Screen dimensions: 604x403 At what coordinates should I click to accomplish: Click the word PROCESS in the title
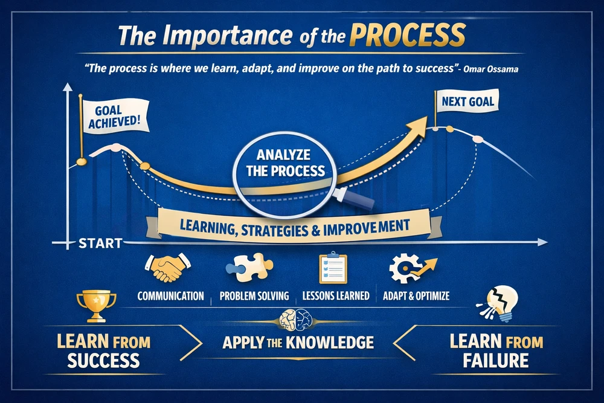click(x=408, y=34)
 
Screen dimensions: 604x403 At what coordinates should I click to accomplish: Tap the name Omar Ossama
click(x=490, y=69)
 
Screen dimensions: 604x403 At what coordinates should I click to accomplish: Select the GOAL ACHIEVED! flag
click(x=115, y=117)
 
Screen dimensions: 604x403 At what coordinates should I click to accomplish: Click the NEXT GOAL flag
click(x=467, y=101)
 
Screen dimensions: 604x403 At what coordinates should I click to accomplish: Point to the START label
click(x=100, y=243)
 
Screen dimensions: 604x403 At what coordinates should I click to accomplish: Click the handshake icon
click(x=168, y=267)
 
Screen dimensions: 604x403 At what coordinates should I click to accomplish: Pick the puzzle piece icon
click(x=249, y=267)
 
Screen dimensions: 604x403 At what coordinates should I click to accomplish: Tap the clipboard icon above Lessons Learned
click(x=333, y=268)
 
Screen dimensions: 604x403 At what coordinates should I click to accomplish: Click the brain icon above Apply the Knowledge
click(x=296, y=320)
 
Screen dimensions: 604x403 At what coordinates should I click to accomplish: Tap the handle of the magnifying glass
click(x=354, y=198)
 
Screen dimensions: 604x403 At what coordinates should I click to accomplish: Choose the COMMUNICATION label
click(x=171, y=296)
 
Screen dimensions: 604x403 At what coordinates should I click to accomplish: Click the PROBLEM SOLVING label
click(x=254, y=296)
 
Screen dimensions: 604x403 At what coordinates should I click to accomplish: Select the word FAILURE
click(x=495, y=361)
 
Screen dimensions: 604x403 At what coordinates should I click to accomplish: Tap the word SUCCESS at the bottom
click(x=103, y=361)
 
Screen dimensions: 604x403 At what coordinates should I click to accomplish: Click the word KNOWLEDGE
click(x=330, y=343)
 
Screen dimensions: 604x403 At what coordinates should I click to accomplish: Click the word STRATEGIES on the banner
click(x=275, y=230)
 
